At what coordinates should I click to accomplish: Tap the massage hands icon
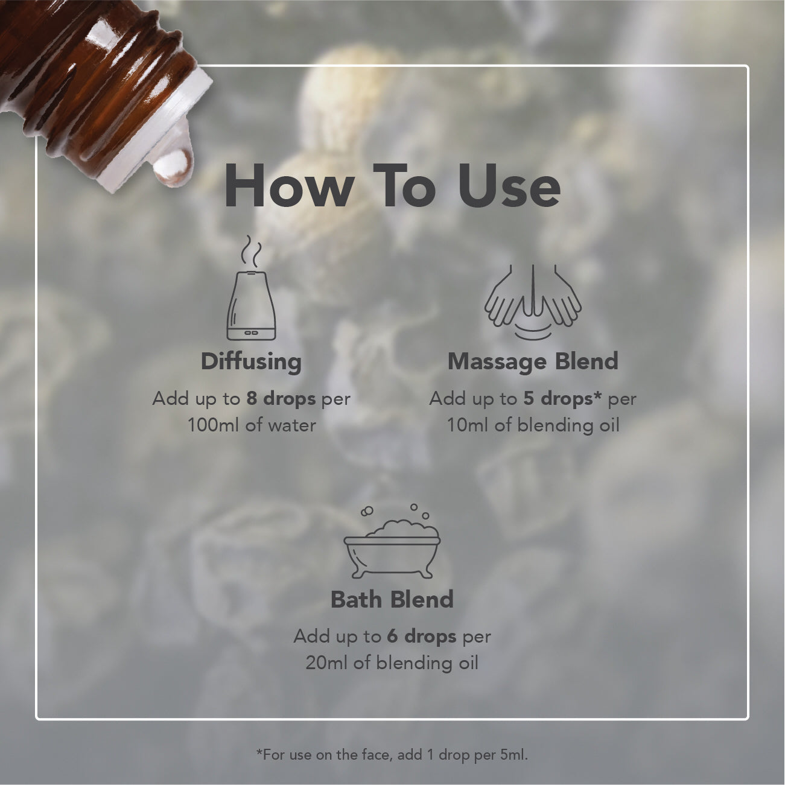(x=533, y=302)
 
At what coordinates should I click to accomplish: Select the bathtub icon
(x=392, y=541)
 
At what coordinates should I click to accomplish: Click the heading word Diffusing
(x=252, y=362)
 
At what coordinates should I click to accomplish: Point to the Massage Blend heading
(x=533, y=361)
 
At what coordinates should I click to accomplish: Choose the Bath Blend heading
(x=392, y=599)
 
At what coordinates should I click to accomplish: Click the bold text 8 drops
(x=281, y=398)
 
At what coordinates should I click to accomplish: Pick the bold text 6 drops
(x=422, y=636)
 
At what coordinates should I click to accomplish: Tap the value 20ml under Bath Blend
(x=326, y=663)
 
